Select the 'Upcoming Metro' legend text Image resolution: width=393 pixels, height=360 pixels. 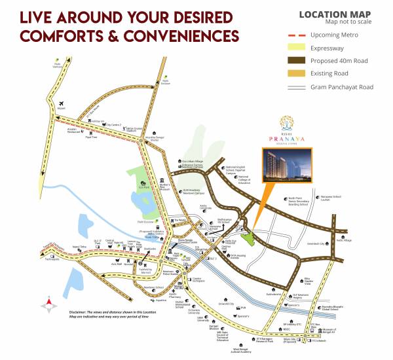tap(330, 34)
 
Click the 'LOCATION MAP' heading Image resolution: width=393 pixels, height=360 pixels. tap(335, 13)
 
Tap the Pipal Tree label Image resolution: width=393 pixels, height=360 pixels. tap(91, 137)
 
